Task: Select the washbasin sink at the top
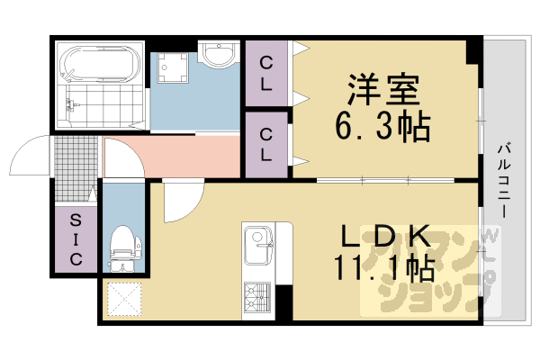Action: tap(216, 55)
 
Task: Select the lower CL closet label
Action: tap(266, 144)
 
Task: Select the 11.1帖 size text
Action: tap(383, 269)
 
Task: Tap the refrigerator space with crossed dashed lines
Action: tap(124, 297)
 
